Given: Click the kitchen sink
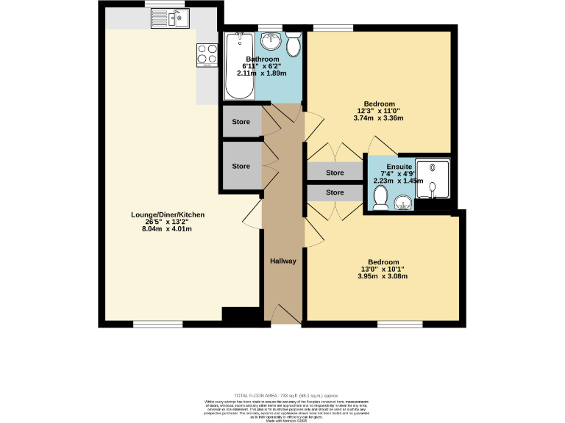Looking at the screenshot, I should [177, 18].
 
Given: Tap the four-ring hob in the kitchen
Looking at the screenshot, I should [207, 55].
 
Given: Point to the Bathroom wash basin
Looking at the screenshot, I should [270, 40].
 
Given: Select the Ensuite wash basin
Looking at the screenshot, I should [402, 202].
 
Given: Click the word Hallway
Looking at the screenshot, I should [282, 261].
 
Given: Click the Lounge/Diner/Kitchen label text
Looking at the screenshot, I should [168, 215].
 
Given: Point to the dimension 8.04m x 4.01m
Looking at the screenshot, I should [168, 229].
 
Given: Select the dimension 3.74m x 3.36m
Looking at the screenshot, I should [379, 117].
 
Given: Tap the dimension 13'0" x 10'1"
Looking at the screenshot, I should [383, 270].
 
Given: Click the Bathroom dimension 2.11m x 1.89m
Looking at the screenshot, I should [263, 73].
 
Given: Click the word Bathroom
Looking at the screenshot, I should [263, 59].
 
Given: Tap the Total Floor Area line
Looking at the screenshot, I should [282, 395].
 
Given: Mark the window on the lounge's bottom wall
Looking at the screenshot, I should [158, 324].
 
